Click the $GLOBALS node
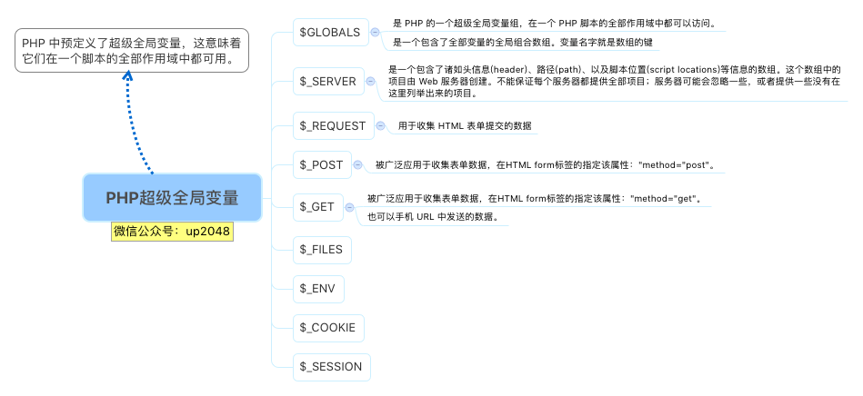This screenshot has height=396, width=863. coord(330,33)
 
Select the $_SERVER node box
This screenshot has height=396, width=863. coord(327,81)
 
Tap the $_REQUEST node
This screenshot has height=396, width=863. coord(332,126)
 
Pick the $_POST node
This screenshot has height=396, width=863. coord(321,164)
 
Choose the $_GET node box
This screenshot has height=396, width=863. coord(317,206)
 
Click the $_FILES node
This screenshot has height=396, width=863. coord(320,248)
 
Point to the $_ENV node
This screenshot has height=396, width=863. coord(317,289)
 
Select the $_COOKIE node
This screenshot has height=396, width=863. coord(327,328)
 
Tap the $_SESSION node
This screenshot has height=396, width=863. coord(331,367)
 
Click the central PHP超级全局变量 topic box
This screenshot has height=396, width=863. coord(172,197)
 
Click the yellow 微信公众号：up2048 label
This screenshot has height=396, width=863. coord(172,232)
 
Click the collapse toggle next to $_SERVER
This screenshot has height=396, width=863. coord(370,81)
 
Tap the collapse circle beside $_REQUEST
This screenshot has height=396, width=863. coord(380,126)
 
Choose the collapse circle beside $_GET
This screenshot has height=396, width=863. coord(350,206)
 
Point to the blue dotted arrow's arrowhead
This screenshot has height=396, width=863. coord(128,79)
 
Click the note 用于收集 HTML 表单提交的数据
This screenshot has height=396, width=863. coord(465,126)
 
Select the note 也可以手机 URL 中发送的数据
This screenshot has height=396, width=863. coord(432,217)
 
